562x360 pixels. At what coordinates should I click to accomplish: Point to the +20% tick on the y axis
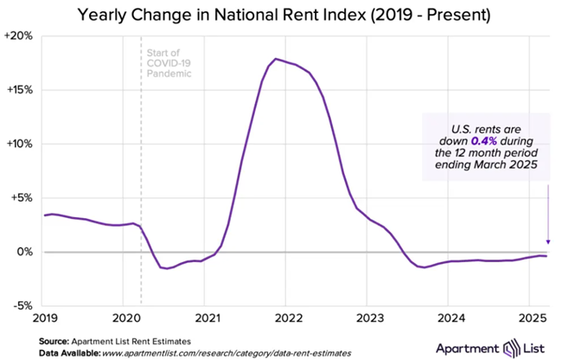point(20,36)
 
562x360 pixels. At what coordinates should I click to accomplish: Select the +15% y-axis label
point(20,90)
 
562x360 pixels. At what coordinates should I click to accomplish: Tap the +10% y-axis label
point(20,144)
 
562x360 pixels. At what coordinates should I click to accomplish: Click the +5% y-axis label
point(22,197)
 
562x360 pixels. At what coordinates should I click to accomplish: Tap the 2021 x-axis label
point(205,318)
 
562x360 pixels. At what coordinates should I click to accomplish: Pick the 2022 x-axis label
point(287,318)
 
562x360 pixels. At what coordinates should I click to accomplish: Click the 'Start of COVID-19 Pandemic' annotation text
point(168,61)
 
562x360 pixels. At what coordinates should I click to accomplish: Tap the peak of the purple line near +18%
point(275,59)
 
